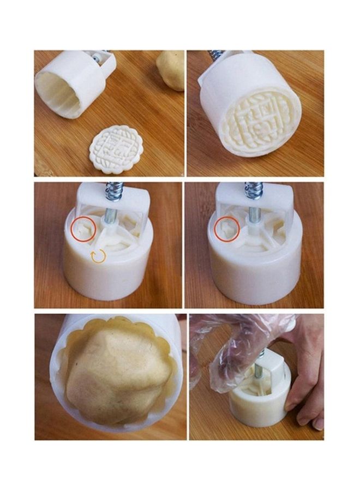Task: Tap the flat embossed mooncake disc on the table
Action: pos(116,149)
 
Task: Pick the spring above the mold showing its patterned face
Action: pos(215,55)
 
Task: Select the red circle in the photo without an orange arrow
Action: pos(227,229)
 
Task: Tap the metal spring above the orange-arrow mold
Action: pos(115,191)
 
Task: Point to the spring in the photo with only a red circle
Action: pos(254,190)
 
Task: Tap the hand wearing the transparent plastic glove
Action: pos(240,341)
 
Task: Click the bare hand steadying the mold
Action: pos(305,376)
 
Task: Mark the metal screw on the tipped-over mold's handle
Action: pos(97,57)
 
